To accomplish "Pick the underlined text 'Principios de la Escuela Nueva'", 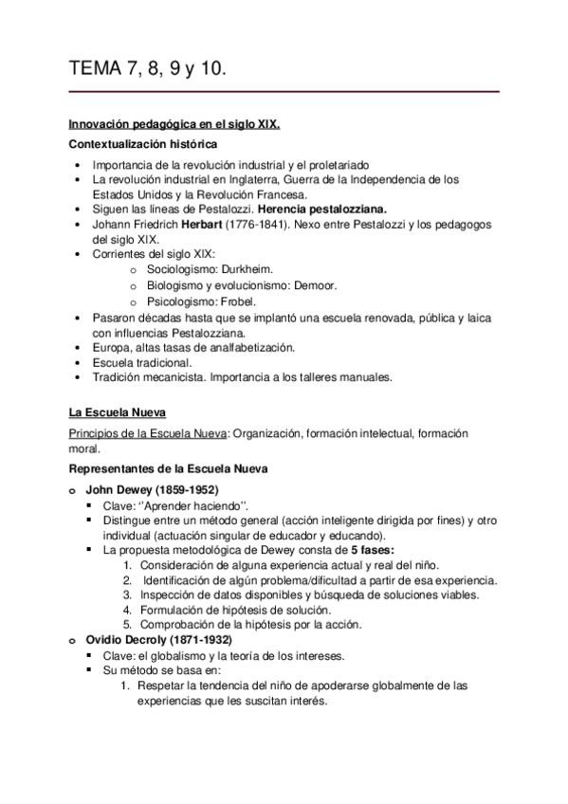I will tap(147, 433).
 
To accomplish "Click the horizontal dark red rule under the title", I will tap(284, 92).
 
